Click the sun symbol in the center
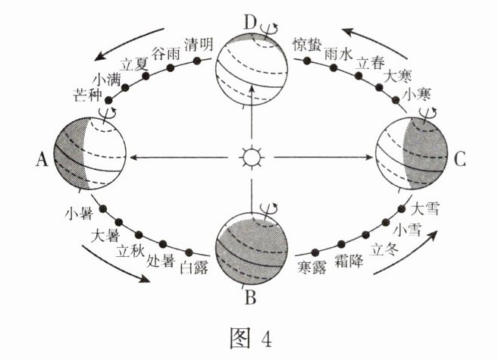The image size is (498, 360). tap(249, 158)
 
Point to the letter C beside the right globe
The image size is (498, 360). tap(462, 159)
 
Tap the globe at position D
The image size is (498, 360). tap(249, 73)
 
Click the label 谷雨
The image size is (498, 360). tap(167, 53)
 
